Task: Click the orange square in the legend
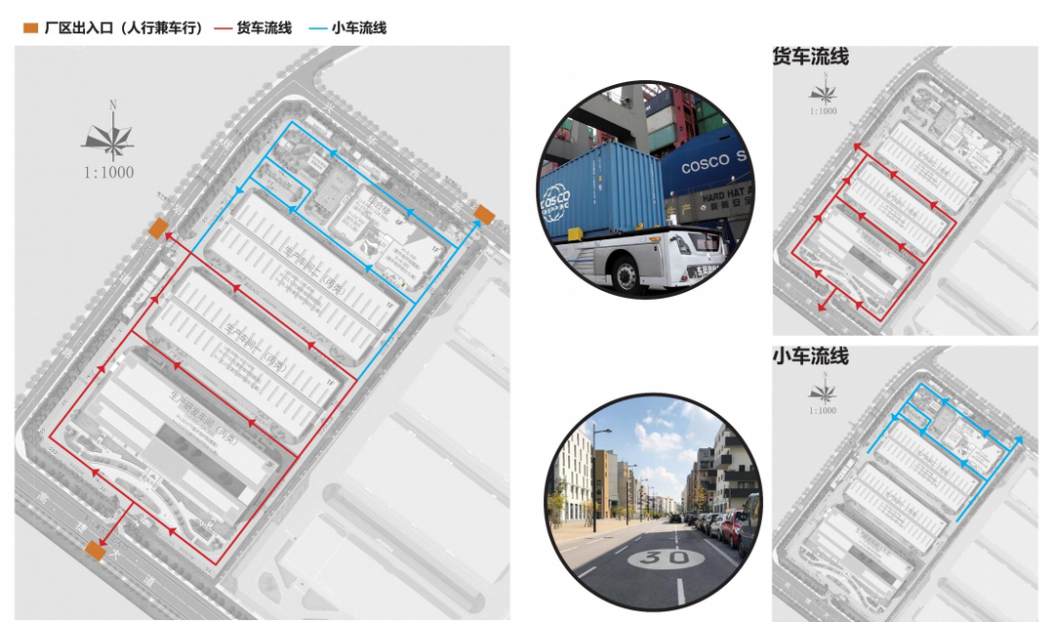[31, 28]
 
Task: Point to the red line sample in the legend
[222, 28]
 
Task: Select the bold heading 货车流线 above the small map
[810, 57]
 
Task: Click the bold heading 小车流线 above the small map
[810, 355]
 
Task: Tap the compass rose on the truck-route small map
[823, 94]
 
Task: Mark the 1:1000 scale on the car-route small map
[823, 409]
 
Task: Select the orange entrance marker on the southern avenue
[95, 552]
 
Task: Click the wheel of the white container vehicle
[622, 274]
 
